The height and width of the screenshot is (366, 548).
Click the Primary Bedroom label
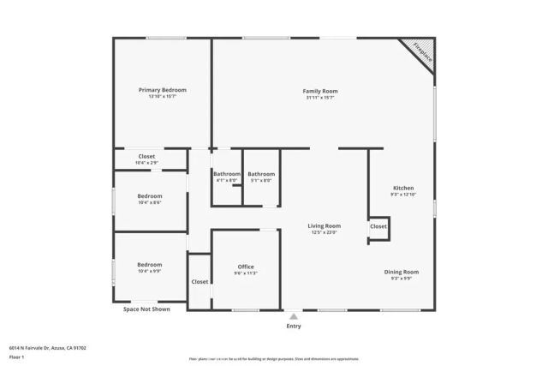click(x=163, y=90)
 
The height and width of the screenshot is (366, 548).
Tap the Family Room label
click(x=320, y=91)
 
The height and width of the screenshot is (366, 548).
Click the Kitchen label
click(x=403, y=188)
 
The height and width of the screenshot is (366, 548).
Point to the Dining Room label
click(x=404, y=272)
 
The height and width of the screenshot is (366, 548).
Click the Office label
click(x=246, y=267)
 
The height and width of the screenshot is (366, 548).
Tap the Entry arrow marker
click(x=294, y=315)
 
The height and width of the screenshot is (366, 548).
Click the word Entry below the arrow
click(x=294, y=327)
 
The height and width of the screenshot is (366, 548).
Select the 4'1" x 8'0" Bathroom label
click(x=227, y=174)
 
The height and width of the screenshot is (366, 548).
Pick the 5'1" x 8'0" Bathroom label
click(x=261, y=174)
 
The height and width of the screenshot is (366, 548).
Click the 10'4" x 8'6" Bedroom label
click(x=150, y=196)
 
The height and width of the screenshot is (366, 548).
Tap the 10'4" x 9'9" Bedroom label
click(x=150, y=265)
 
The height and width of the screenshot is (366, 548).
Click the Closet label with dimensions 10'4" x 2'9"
click(x=147, y=157)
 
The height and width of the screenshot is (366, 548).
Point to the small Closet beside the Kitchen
click(x=378, y=226)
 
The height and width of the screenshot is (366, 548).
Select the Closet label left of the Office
click(x=200, y=281)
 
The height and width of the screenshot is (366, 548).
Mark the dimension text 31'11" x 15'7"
click(x=320, y=98)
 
